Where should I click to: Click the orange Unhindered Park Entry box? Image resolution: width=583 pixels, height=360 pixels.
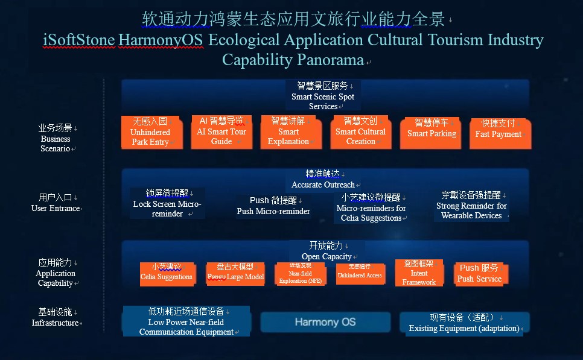[150, 132]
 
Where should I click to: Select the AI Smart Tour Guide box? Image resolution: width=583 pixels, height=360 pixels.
[221, 131]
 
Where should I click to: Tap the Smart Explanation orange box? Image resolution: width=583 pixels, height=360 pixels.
[288, 131]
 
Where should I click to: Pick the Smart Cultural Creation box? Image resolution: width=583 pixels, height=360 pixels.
[360, 131]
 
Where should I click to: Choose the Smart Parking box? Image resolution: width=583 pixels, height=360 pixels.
[432, 133]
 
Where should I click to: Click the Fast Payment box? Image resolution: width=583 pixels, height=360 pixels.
[499, 133]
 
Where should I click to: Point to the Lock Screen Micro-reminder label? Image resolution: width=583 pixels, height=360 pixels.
[167, 203]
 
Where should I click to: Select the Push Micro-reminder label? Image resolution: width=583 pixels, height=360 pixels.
[273, 206]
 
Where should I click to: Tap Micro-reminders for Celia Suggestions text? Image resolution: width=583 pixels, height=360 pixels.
[371, 207]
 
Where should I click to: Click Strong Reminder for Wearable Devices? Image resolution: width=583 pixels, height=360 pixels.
[471, 206]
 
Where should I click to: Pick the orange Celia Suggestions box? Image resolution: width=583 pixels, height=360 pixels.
[167, 273]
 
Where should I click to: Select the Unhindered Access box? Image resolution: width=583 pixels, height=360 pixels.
[359, 273]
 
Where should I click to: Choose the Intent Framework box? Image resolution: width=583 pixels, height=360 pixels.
[419, 273]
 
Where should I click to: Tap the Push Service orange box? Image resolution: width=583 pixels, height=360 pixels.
[479, 273]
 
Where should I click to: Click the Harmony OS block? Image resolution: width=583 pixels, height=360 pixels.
[325, 322]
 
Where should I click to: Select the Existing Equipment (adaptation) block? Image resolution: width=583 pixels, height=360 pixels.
[464, 322]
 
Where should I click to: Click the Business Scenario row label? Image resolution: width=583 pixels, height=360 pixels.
[56, 138]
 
